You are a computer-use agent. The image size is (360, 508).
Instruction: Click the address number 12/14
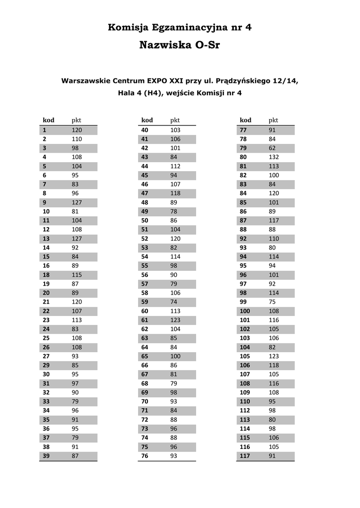pyautogui.click(x=285, y=80)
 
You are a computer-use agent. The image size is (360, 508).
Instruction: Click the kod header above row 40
pyautogui.click(x=147, y=120)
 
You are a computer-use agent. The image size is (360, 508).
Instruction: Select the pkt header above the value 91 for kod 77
pyautogui.click(x=273, y=120)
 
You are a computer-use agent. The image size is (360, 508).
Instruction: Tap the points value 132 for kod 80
pyautogui.click(x=274, y=157)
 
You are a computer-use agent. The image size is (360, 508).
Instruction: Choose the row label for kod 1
pyautogui.click(x=45, y=130)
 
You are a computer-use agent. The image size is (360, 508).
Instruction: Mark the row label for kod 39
pyautogui.click(x=46, y=456)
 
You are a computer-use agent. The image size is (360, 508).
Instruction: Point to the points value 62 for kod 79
pyautogui.click(x=272, y=148)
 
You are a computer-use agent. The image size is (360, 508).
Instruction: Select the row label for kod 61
pyautogui.click(x=145, y=320)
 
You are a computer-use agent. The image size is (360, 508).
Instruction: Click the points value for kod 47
pyautogui.click(x=175, y=193)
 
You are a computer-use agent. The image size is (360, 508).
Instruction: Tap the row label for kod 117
pyautogui.click(x=245, y=456)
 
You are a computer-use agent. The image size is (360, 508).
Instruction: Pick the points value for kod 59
pyautogui.click(x=174, y=302)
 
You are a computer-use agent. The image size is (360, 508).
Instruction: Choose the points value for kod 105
pyautogui.click(x=274, y=356)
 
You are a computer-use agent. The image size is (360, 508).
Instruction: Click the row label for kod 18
pyautogui.click(x=46, y=275)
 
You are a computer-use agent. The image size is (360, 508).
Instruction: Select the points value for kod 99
pyautogui.click(x=272, y=302)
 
